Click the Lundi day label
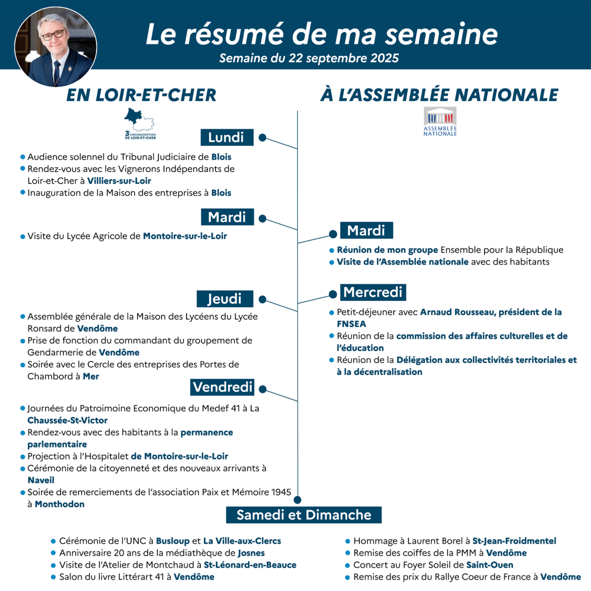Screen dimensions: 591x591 [x=227, y=137]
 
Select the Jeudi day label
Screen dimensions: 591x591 [x=225, y=299]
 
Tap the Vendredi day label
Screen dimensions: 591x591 [x=222, y=387]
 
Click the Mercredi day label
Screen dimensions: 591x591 [x=373, y=292]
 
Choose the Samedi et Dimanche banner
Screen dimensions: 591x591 [x=304, y=515]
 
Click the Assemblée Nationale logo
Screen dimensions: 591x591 [x=440, y=121]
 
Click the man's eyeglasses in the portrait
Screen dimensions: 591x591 [x=53, y=35]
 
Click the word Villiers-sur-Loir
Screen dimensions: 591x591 [x=119, y=181]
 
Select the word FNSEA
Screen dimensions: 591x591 [x=351, y=324]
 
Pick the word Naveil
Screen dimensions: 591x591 [x=41, y=480]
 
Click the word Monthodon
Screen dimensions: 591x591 [x=59, y=504]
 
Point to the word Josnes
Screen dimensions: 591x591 [x=251, y=553]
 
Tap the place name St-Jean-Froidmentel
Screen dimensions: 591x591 [x=514, y=541]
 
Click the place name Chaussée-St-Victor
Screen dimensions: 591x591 [x=67, y=420]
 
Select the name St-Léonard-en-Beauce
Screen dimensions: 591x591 [x=250, y=565]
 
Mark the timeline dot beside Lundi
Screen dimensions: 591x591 [x=262, y=137]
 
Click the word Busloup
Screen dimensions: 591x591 [x=173, y=541]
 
